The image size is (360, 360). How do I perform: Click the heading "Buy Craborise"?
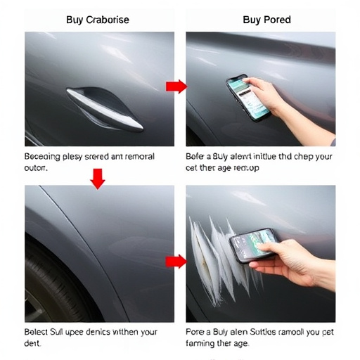[98, 20]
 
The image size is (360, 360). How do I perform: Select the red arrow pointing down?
[98, 179]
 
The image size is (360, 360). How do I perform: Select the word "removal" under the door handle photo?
[136, 157]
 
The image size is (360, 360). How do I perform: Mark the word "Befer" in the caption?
[198, 157]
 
